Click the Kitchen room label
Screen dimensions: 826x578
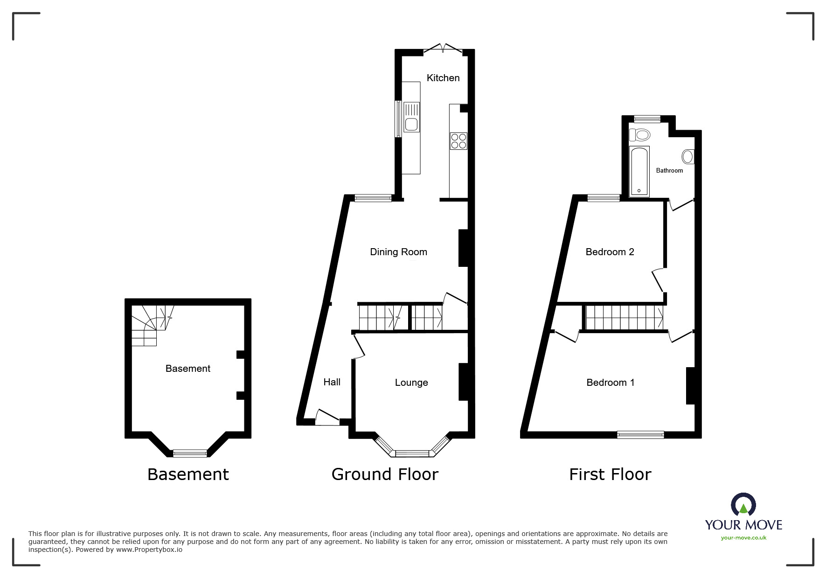pyautogui.click(x=443, y=78)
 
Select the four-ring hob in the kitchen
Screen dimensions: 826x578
pyautogui.click(x=458, y=141)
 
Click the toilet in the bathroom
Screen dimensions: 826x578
pyautogui.click(x=639, y=135)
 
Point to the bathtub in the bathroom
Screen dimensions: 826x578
pyautogui.click(x=639, y=171)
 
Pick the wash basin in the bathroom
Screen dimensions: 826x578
pyautogui.click(x=688, y=157)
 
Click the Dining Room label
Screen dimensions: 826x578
pyautogui.click(x=398, y=252)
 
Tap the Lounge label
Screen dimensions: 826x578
pyautogui.click(x=411, y=383)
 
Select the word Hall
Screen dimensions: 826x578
pyautogui.click(x=332, y=382)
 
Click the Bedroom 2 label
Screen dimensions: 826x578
pyautogui.click(x=610, y=252)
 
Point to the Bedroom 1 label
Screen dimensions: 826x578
pyautogui.click(x=610, y=383)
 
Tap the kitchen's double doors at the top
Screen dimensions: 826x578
pyautogui.click(x=443, y=48)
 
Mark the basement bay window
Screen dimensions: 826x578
pyautogui.click(x=190, y=453)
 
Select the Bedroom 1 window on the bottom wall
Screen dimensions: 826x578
pyautogui.click(x=640, y=435)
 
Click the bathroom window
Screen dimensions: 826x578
pyautogui.click(x=647, y=119)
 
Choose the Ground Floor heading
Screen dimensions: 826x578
pyautogui.click(x=385, y=474)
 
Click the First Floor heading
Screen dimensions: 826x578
pyautogui.click(x=610, y=474)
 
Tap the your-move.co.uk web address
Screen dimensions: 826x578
pyautogui.click(x=743, y=538)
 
